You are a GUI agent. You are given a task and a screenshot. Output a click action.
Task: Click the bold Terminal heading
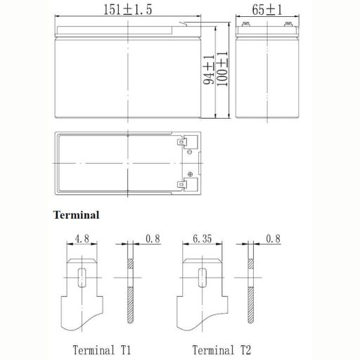pos(77,215)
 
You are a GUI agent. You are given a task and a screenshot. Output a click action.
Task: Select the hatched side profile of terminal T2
pos(250,295)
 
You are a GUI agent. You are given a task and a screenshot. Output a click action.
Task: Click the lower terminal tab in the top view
pos(185,186)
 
